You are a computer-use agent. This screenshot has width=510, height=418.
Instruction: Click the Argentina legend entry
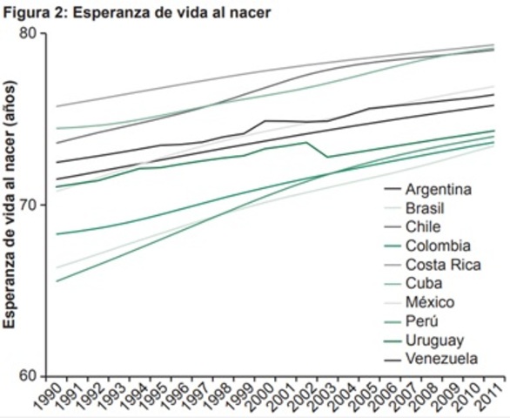click(438, 189)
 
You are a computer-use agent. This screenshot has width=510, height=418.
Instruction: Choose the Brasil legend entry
click(427, 208)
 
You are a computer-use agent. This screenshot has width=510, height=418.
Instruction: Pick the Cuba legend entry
click(424, 283)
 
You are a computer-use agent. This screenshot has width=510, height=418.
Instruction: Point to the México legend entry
click(430, 302)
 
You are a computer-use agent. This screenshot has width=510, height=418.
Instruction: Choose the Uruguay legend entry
click(434, 340)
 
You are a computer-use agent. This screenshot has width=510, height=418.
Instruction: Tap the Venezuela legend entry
click(441, 359)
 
